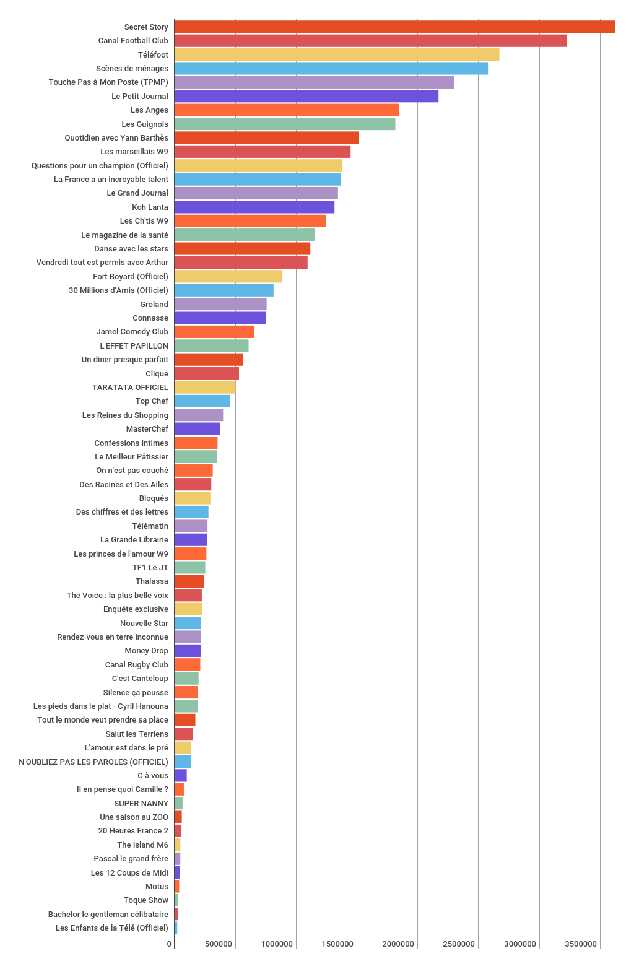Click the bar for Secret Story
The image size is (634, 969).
pos(395,27)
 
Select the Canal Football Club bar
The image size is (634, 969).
pos(371,41)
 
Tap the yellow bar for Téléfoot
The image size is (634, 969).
pos(337,54)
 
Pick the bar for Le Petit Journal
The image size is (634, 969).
pos(306,96)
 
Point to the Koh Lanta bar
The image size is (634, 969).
pos(254,207)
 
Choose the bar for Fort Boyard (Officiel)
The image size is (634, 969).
pos(228,276)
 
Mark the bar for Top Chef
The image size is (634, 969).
pos(202,401)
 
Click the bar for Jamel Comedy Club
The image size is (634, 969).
pos(214,332)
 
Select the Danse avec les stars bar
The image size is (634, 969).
pos(242,249)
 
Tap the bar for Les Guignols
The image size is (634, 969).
pos(285,124)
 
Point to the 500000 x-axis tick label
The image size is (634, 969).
pos(219,944)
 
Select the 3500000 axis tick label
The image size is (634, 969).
pos(580,944)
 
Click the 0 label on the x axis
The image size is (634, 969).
pos(169,944)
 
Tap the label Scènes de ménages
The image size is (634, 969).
pos(132,68)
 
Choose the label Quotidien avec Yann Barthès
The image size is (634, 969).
pos(116,137)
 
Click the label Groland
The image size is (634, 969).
pos(154,304)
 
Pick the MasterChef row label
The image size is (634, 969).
pos(147,428)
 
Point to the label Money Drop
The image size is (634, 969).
pos(146,651)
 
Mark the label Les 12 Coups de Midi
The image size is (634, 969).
pos(129,872)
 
